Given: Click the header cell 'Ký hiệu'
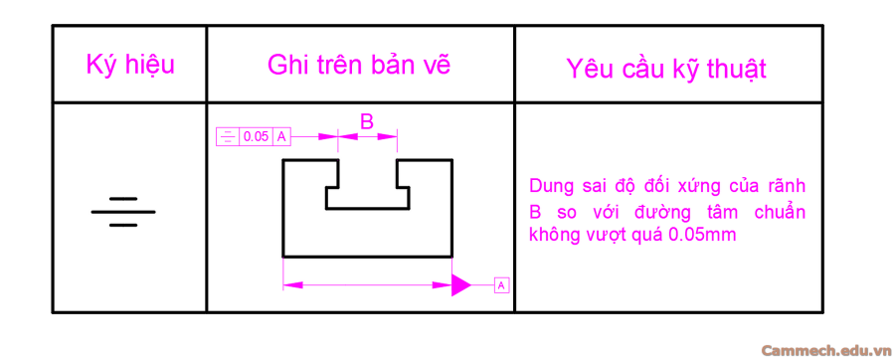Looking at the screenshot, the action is (x=130, y=66).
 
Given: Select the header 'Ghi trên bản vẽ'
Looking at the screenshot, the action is (x=359, y=66).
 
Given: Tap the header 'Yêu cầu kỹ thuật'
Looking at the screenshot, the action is (x=666, y=68).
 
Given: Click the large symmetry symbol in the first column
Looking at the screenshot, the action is (x=123, y=212).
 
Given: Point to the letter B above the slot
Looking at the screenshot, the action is (x=367, y=121).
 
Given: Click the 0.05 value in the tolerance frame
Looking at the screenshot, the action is (x=256, y=136).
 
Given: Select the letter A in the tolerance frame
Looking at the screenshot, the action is (x=282, y=136).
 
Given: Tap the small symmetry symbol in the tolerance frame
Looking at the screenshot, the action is (x=228, y=136).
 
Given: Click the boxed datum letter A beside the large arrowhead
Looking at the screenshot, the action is (x=500, y=285).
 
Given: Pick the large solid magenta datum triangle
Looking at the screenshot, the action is (x=460, y=285).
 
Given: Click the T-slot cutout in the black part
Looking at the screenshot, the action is (x=368, y=189).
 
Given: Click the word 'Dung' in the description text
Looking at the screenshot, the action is (x=551, y=187).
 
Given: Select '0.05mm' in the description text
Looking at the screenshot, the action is (x=702, y=236).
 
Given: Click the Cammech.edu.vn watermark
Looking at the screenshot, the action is (x=824, y=350).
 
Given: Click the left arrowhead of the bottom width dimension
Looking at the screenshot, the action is (x=289, y=285).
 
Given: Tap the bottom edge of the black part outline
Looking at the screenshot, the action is (x=368, y=257).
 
